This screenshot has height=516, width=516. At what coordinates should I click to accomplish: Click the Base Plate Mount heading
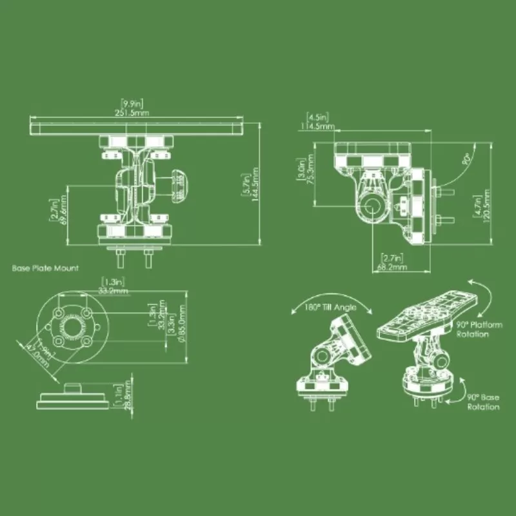coord(45,268)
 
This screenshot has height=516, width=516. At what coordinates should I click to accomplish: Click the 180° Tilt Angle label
coord(330,308)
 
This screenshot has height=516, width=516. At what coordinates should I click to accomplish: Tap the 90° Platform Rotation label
coord(478,330)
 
